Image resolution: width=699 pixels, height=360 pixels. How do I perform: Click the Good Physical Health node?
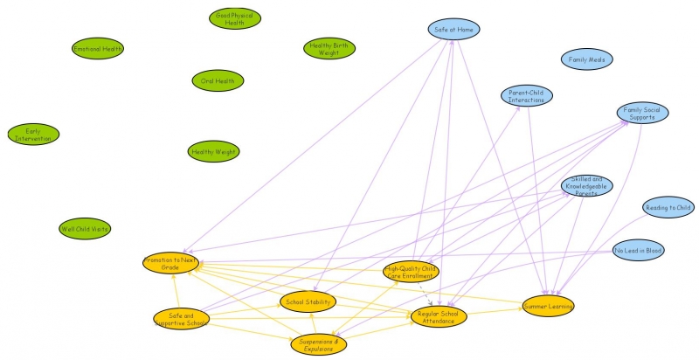click(235, 19)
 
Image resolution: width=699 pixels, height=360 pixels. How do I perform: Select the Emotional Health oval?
click(98, 49)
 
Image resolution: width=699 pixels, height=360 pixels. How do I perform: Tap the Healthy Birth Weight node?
click(329, 48)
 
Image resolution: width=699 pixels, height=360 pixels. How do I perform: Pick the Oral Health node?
click(218, 81)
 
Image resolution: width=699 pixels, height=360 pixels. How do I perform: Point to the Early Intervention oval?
click(33, 134)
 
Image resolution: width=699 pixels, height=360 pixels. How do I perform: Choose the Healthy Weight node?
click(213, 152)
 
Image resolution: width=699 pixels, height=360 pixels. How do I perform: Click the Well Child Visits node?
click(85, 229)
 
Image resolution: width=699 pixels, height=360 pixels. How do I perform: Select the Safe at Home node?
click(454, 29)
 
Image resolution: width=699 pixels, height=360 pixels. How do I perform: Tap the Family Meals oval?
click(587, 60)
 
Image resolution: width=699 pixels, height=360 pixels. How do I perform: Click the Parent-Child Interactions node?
click(527, 96)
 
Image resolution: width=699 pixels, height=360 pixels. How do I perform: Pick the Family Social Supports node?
click(642, 113)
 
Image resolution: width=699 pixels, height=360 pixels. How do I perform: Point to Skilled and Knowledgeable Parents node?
click(586, 185)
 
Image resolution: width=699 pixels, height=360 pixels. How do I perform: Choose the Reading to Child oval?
click(668, 208)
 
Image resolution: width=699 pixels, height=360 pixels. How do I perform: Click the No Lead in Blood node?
click(638, 251)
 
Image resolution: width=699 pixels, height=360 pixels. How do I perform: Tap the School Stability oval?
click(308, 302)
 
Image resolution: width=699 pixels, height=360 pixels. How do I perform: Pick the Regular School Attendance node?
click(439, 316)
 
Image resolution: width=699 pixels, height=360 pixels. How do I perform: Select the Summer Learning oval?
click(549, 305)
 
